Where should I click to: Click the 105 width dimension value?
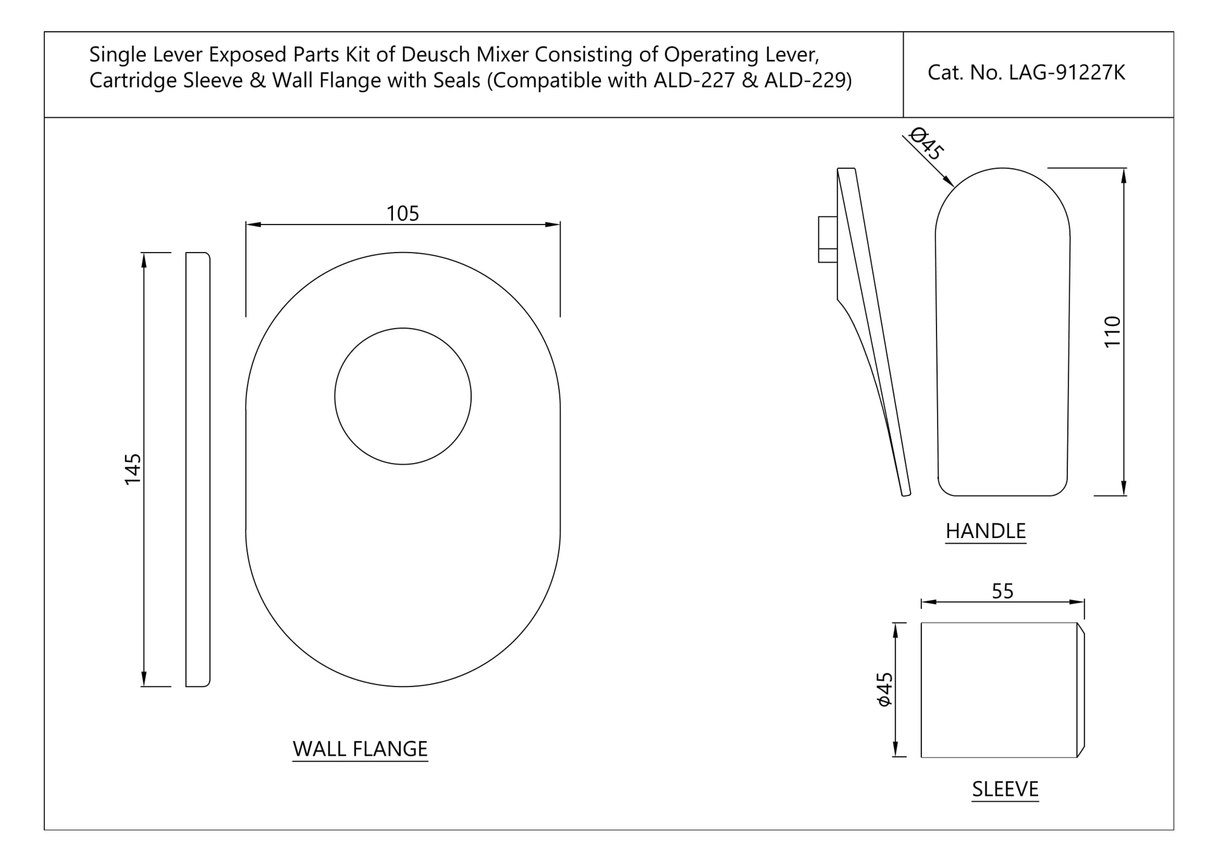pos(403,213)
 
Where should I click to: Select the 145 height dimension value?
pos(133,469)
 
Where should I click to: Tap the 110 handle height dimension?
pos(1112,331)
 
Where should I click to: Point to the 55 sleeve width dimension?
pos(1003,591)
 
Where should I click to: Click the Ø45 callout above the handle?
pos(927,144)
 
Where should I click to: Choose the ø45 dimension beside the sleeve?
pos(884,689)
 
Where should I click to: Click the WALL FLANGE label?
pos(360,749)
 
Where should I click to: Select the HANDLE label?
pos(985,531)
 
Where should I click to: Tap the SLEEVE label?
pos(1005,789)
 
